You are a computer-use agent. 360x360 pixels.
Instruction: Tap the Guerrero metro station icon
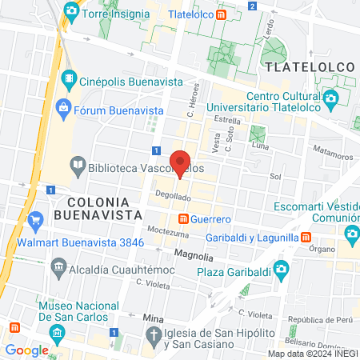tap(183, 218)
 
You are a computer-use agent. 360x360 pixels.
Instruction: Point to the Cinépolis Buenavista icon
tap(70, 78)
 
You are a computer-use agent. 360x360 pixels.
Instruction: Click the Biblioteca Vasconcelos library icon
tap(78, 166)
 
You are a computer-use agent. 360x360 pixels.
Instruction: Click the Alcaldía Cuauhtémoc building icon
tap(58, 265)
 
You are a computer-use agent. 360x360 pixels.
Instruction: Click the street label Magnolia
tap(194, 257)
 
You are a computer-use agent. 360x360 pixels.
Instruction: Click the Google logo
tap(26, 350)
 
